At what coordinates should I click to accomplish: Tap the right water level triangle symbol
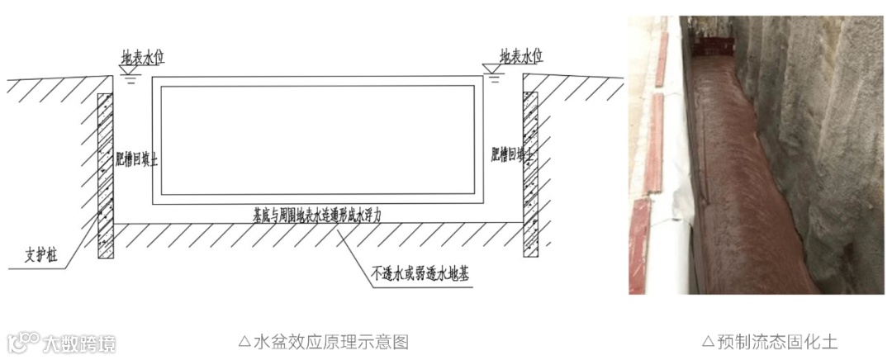tap(492, 73)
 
